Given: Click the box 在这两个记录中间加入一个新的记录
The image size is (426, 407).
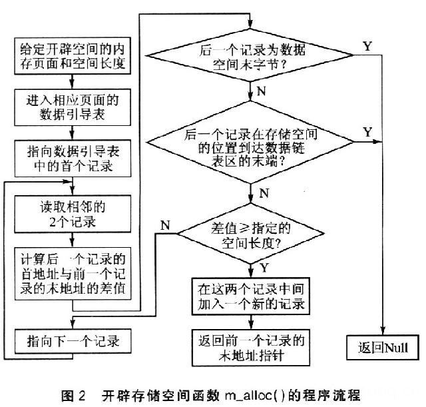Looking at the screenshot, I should tap(252, 298).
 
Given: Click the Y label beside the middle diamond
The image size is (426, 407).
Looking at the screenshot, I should tap(367, 131).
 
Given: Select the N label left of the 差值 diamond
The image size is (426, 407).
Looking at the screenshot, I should tap(164, 224).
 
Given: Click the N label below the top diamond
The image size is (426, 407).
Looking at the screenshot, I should tap(262, 89).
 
